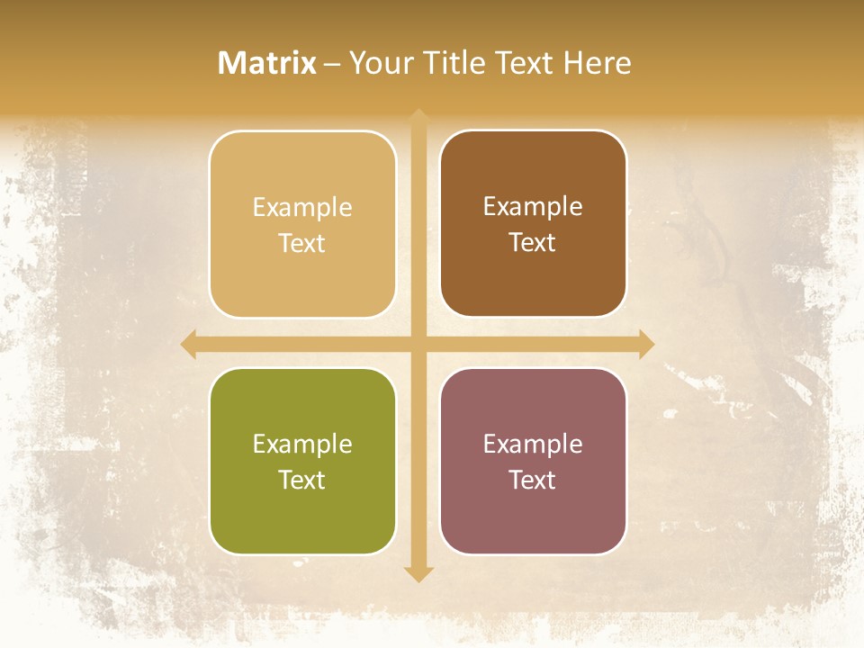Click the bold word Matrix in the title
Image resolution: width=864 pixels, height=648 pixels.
click(267, 63)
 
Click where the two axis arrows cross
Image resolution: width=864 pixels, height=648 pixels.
click(418, 345)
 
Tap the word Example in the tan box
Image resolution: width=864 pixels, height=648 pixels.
click(302, 208)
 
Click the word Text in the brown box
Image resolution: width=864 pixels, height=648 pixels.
click(533, 243)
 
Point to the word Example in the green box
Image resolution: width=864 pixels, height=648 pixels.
click(302, 445)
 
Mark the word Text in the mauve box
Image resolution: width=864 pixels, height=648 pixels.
click(533, 480)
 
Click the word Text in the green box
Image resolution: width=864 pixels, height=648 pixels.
click(302, 480)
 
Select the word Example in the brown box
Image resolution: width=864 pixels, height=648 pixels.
click(533, 207)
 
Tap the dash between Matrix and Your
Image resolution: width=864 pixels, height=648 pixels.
click(332, 64)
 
